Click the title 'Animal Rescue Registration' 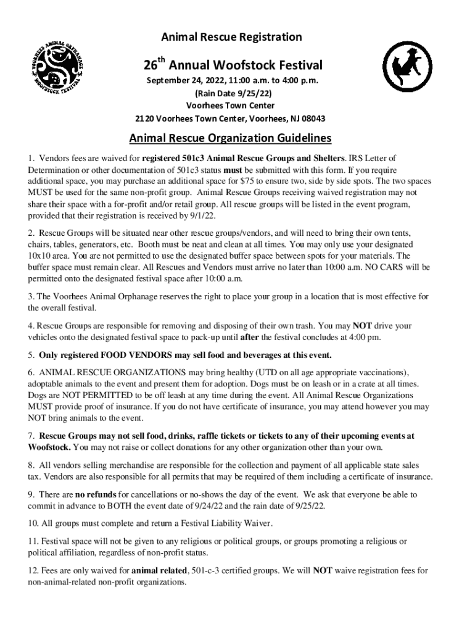[231, 37]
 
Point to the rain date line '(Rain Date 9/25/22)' [233, 93]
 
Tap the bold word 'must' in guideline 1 [232, 170]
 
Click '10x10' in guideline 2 [41, 255]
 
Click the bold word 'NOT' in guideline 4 [363, 325]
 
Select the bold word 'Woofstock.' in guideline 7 [49, 447]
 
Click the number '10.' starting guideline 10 [33, 523]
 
